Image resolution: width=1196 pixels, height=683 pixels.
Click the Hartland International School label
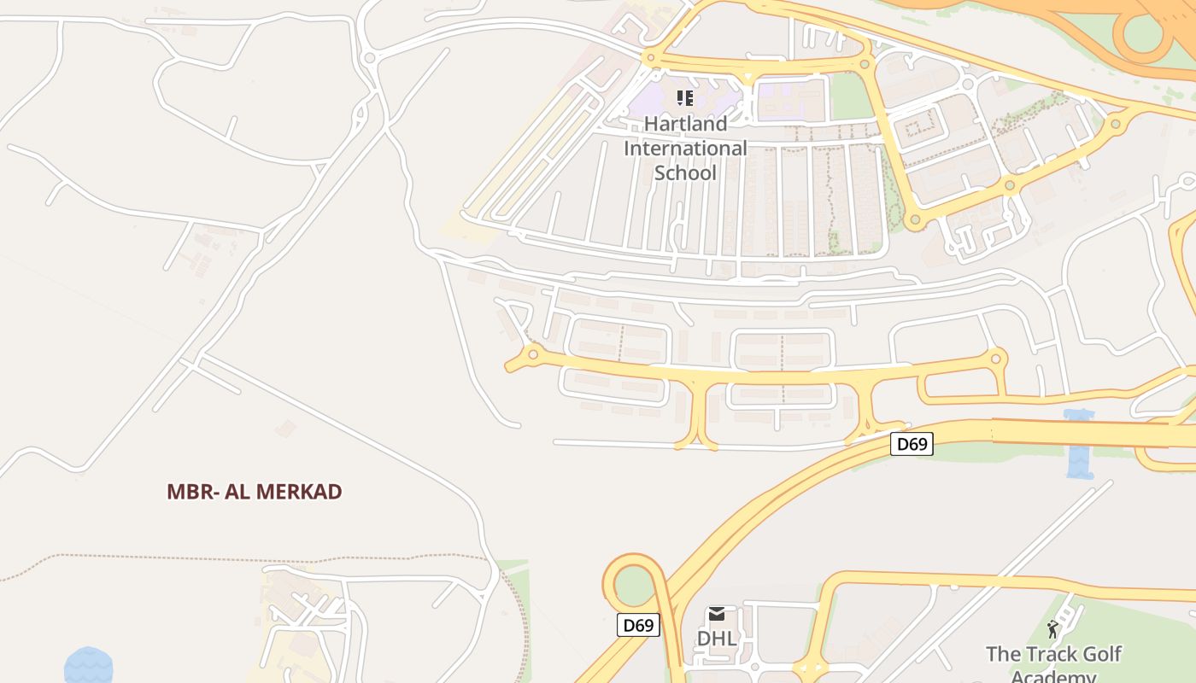685,148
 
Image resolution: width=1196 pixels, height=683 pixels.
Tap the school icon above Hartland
685,98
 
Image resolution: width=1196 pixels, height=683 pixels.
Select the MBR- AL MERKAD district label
255,492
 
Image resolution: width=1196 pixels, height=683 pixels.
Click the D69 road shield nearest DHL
638,625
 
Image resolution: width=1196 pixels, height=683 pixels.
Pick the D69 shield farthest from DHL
912,444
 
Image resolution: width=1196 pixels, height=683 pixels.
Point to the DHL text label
717,639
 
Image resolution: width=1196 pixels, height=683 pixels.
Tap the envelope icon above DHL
717,614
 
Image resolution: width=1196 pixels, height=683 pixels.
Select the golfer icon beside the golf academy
1052,630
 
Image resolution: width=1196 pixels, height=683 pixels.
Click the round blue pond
88,666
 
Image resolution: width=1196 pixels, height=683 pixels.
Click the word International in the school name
685,149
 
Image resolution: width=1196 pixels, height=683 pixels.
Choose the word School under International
685,172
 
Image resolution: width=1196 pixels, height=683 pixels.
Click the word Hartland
685,124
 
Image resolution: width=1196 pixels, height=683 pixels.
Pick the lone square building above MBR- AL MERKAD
287,428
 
